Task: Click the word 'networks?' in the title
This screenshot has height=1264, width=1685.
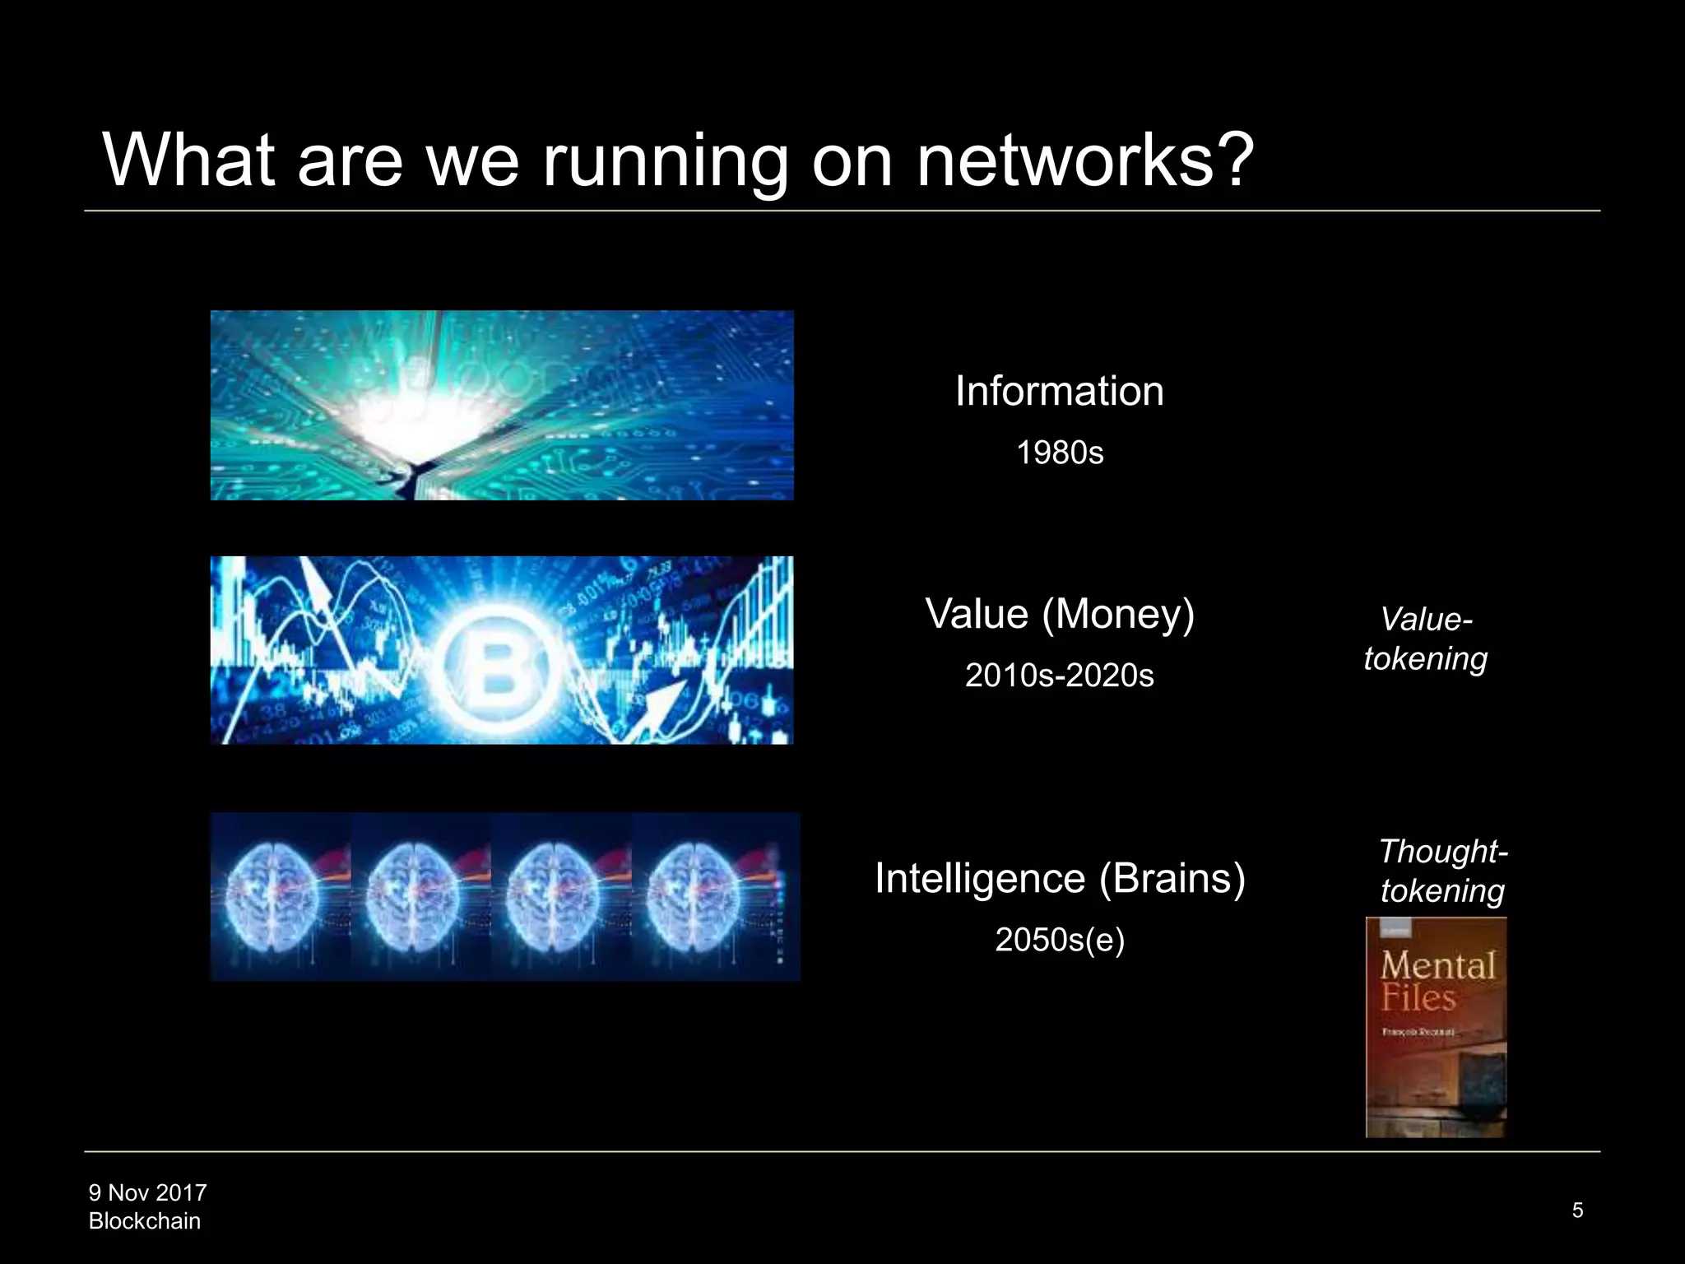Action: [x=1084, y=160]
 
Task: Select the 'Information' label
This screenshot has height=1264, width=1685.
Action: [x=1059, y=391]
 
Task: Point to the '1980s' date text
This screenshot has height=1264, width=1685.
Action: [x=1060, y=453]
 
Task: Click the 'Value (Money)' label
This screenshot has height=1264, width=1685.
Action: [x=1059, y=614]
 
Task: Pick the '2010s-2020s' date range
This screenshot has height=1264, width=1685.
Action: [x=1059, y=676]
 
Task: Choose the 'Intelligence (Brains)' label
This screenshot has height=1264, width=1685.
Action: [x=1059, y=878]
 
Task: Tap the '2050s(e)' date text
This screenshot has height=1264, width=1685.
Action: [x=1059, y=940]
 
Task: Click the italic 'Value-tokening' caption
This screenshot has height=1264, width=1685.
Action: [x=1426, y=639]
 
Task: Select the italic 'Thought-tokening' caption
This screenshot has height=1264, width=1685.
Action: [x=1442, y=871]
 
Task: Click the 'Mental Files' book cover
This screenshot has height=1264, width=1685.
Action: [x=1436, y=1027]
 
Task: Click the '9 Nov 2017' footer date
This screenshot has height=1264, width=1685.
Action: [x=147, y=1192]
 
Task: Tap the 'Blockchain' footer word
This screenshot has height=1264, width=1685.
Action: [x=144, y=1221]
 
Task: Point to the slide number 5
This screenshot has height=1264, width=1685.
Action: [x=1577, y=1211]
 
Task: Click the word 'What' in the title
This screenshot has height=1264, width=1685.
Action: [x=188, y=160]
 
